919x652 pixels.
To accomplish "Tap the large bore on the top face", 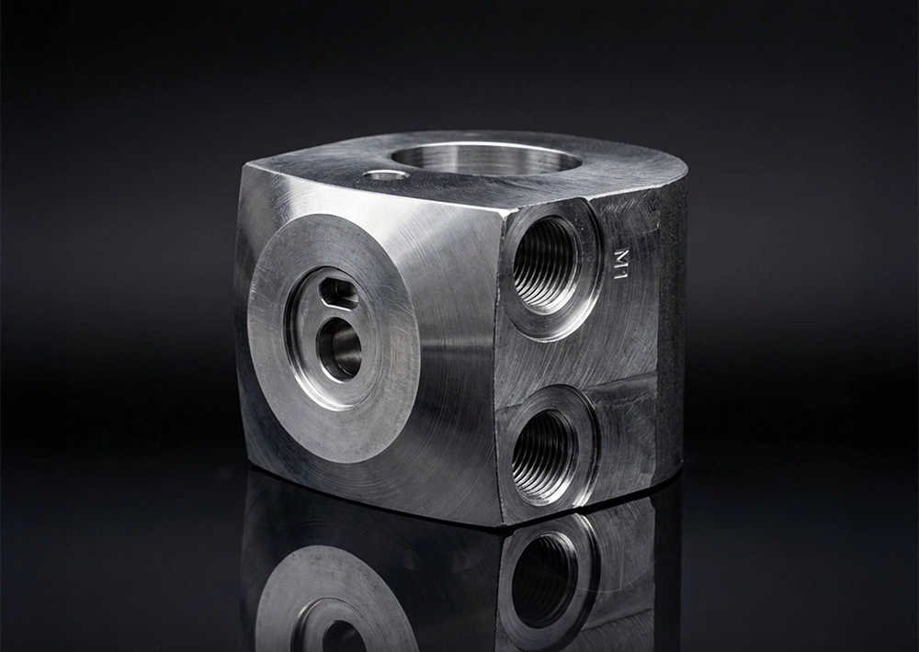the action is (486, 158).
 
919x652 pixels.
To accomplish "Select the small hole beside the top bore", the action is (384, 174).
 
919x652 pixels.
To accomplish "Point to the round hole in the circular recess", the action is (339, 350).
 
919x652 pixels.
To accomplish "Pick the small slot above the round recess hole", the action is (339, 294).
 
